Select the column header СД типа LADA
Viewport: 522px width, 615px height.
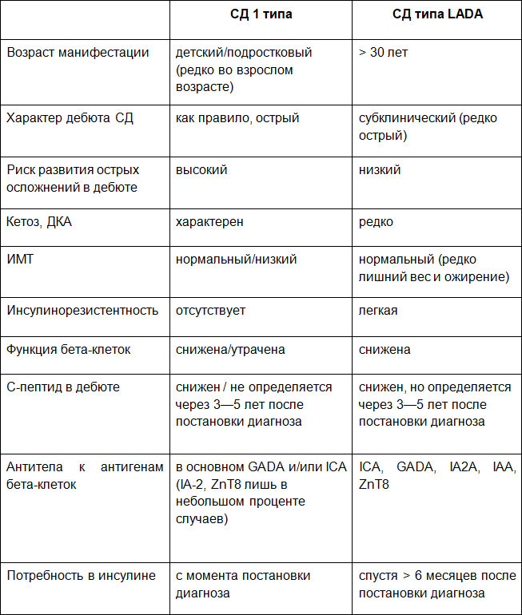(x=437, y=14)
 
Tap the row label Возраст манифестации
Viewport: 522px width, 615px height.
(x=78, y=53)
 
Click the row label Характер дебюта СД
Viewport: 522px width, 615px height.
(x=70, y=118)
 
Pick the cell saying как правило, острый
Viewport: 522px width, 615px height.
(x=237, y=118)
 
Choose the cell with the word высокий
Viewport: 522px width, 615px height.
(x=201, y=170)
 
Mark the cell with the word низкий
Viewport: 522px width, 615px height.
(x=380, y=170)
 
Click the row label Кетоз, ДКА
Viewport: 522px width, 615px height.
(x=39, y=222)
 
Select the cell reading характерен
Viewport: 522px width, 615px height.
(x=209, y=222)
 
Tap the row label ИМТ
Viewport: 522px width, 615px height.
(x=20, y=260)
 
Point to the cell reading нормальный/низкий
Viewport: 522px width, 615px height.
(x=237, y=260)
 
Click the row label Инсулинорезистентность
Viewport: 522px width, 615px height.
(x=82, y=311)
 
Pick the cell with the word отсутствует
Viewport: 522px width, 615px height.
(x=210, y=311)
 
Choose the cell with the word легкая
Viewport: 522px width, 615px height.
(x=378, y=311)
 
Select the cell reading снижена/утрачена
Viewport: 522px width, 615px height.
(x=230, y=350)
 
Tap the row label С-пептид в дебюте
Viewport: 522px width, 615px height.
(x=63, y=387)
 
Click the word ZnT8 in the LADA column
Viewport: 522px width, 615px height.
(x=374, y=485)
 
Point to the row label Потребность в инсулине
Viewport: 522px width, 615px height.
(x=81, y=576)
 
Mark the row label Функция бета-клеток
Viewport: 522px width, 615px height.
(x=69, y=350)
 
